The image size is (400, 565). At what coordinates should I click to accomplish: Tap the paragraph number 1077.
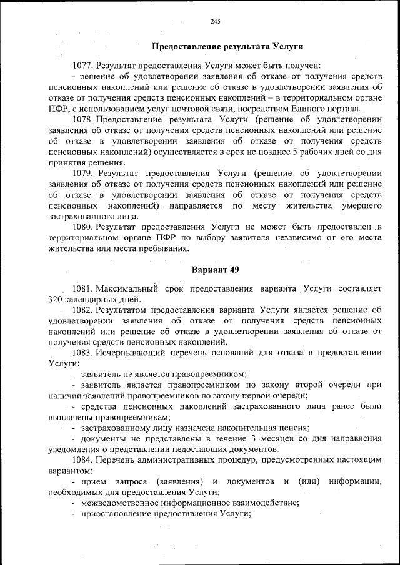point(82,66)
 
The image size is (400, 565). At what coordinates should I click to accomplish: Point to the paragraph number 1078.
point(82,119)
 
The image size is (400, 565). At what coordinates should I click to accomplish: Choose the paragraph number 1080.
point(82,228)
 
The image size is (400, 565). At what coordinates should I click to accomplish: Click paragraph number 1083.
point(82,353)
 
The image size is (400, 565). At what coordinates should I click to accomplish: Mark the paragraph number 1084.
point(82,460)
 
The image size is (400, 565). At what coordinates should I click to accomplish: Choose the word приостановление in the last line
point(116,514)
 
